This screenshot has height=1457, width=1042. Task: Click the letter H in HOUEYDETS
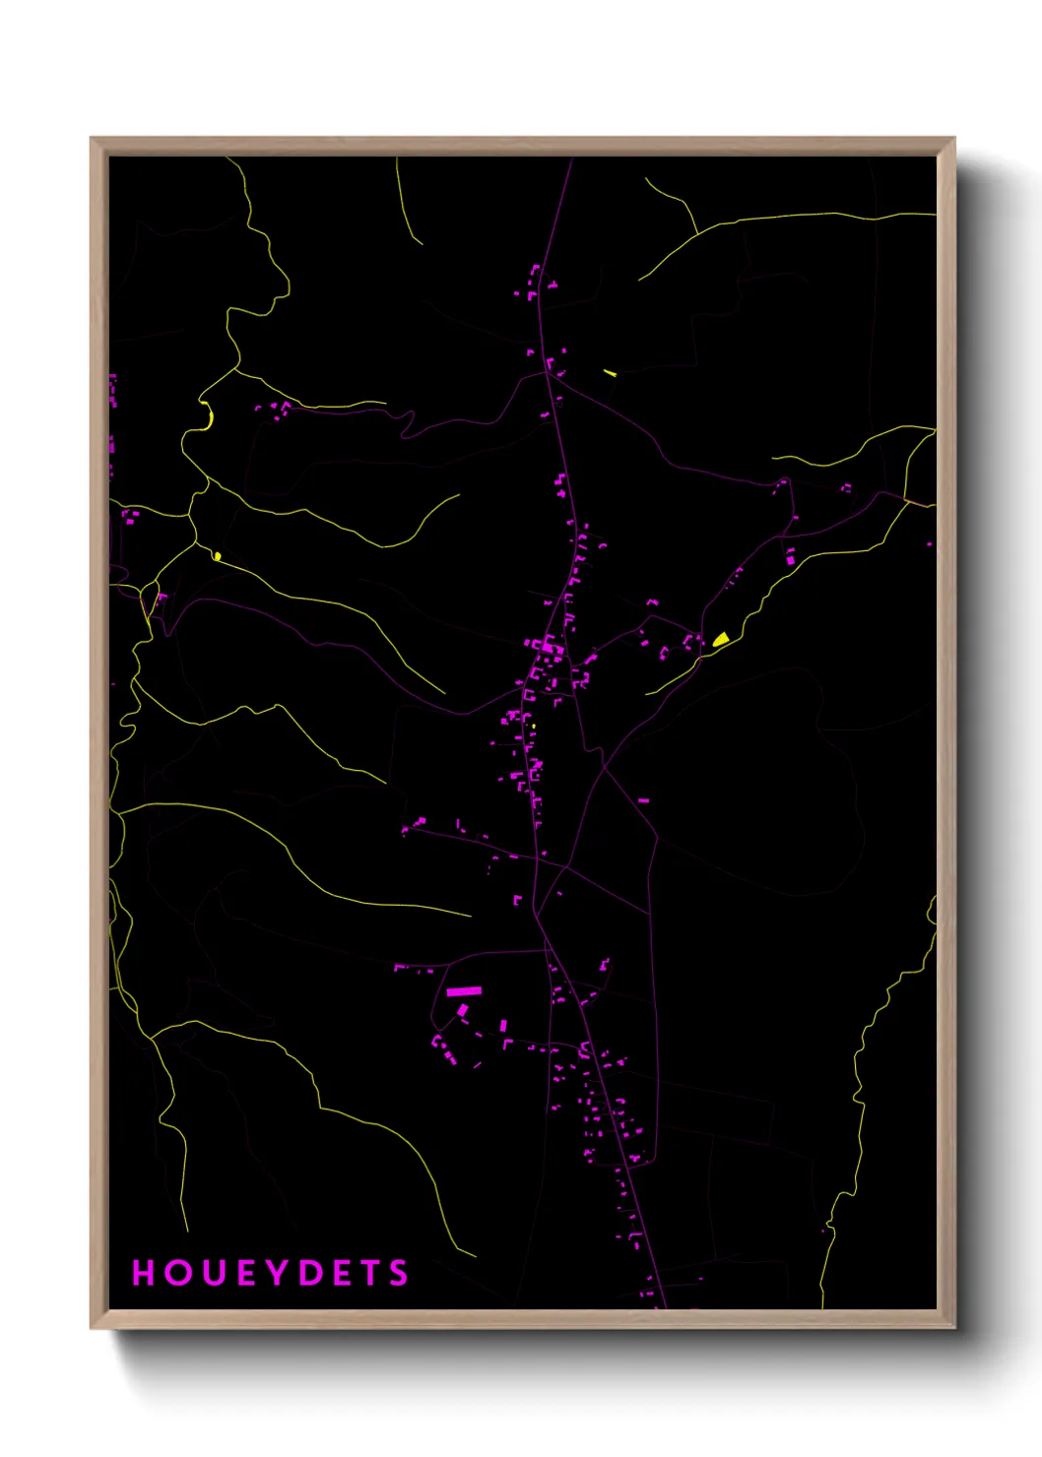pos(144,1273)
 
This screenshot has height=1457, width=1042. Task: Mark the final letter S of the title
pos(399,1273)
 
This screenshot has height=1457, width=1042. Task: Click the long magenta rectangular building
pos(464,991)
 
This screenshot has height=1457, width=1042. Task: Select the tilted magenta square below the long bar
pos(463,1010)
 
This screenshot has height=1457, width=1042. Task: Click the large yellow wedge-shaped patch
pos(721,640)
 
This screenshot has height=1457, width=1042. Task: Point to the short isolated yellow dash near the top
pos(610,372)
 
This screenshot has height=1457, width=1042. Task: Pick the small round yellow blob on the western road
pos(217,556)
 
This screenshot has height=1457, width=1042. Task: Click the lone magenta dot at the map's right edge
pos(929,543)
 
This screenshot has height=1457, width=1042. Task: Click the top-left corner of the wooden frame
pos(92,139)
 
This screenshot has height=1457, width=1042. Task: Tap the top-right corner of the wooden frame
pos(953,139)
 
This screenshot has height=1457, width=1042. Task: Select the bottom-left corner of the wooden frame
pos(92,1327)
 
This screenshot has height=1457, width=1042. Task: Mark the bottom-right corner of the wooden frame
pos(953,1327)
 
